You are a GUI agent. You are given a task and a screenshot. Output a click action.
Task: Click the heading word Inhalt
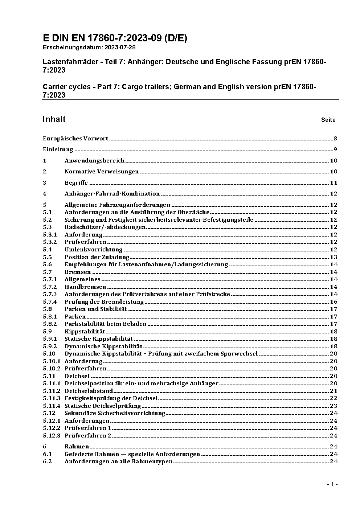(54, 119)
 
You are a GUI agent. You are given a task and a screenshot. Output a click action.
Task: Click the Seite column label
(328, 120)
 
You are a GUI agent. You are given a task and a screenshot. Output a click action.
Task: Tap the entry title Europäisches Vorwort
(75, 139)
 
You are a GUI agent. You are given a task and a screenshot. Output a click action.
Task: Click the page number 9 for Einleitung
(335, 149)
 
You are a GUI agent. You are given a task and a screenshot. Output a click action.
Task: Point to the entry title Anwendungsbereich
(94, 161)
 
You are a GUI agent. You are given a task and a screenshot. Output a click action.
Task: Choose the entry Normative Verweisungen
(102, 172)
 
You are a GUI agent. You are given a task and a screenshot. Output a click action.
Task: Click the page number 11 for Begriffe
(334, 183)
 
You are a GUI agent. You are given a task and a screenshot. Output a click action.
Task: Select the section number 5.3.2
(50, 242)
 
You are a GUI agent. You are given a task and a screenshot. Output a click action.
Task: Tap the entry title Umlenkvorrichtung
(93, 250)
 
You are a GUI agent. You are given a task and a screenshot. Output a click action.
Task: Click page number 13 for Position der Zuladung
(334, 257)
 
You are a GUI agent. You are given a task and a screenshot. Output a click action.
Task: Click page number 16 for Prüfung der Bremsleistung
(334, 302)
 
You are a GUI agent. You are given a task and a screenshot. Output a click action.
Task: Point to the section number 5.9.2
(50, 346)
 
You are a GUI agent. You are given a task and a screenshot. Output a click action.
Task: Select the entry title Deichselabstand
(89, 391)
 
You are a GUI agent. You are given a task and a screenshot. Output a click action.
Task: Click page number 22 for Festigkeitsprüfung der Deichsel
(334, 398)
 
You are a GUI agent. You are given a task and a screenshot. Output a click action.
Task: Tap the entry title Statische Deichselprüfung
(103, 406)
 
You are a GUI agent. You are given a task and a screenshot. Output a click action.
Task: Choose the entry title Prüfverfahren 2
(88, 436)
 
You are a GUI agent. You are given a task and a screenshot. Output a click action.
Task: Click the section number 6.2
(48, 461)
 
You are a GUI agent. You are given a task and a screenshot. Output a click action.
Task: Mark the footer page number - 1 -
(332, 484)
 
